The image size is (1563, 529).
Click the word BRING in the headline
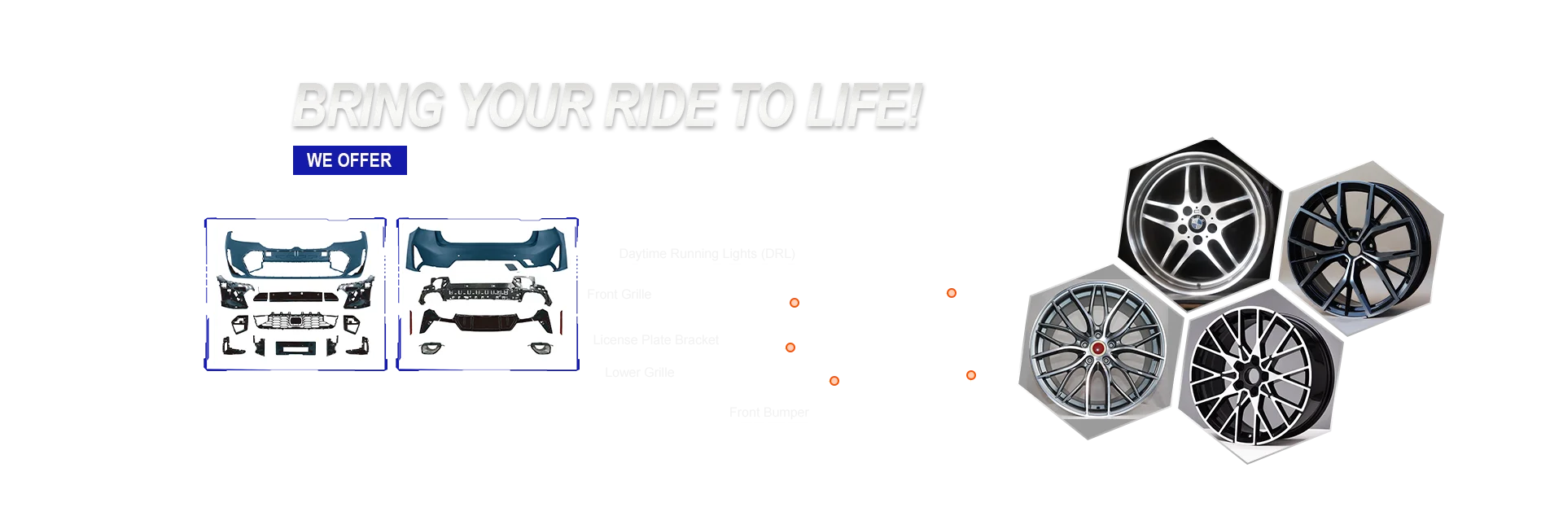coord(366,106)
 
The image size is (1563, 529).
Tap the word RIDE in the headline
coord(660,106)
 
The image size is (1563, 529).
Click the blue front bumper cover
coord(297,249)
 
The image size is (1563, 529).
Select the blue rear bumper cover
coord(487,247)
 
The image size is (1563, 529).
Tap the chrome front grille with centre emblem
coord(296,321)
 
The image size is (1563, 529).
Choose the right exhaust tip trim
coord(541,349)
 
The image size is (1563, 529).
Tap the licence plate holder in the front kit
coord(294,348)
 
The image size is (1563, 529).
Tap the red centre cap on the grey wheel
coord(1098,348)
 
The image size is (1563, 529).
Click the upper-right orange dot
coord(951,293)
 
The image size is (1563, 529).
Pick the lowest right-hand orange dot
coord(970,375)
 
